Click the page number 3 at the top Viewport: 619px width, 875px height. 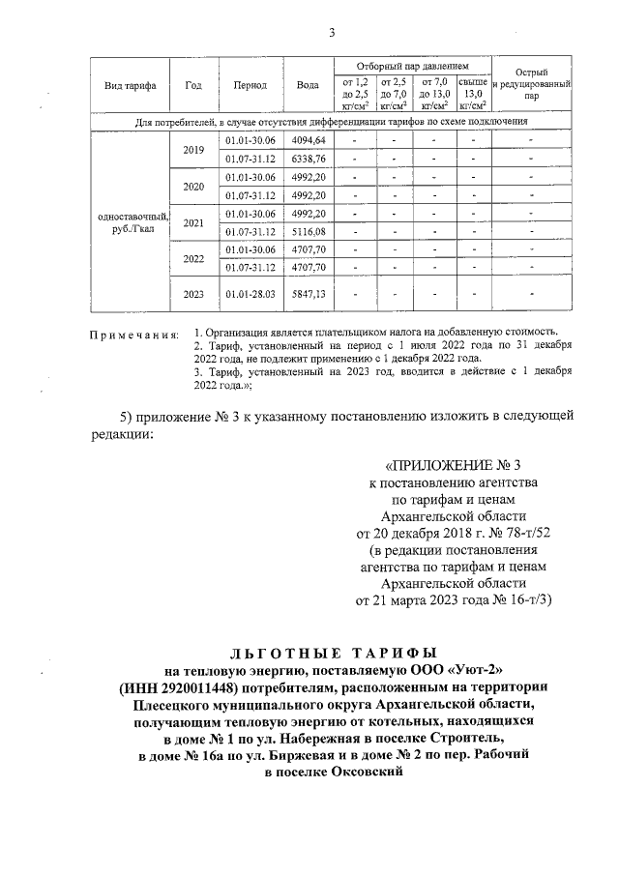tap(331, 34)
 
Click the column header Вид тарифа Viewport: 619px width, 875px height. tap(129, 85)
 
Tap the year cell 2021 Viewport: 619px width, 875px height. tap(193, 223)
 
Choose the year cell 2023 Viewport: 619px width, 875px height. tap(193, 293)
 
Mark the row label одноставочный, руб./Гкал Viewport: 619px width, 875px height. tap(129, 223)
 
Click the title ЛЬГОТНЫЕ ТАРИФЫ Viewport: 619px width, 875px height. tap(309, 653)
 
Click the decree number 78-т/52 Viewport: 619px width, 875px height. tap(497, 532)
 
